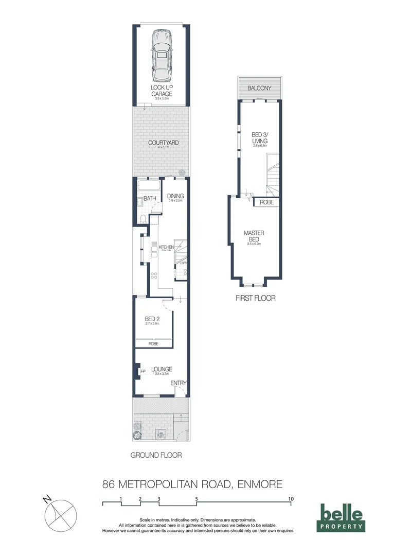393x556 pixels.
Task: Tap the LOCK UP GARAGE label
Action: point(161,91)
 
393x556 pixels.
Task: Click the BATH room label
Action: point(150,198)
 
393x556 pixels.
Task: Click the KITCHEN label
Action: point(166,247)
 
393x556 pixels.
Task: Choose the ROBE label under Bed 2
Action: point(153,343)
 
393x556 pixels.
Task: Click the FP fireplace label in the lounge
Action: point(143,371)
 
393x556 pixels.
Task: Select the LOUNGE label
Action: point(162,369)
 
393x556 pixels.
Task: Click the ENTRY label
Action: point(178,383)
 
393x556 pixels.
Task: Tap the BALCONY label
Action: point(259,89)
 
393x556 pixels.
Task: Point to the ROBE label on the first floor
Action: point(266,202)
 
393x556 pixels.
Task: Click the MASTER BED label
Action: point(254,236)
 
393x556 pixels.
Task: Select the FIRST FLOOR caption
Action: point(256,298)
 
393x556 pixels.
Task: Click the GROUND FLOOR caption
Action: point(156,455)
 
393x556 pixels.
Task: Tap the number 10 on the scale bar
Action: point(291,498)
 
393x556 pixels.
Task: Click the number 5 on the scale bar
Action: point(196,498)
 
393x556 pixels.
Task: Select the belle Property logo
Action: point(342,517)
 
